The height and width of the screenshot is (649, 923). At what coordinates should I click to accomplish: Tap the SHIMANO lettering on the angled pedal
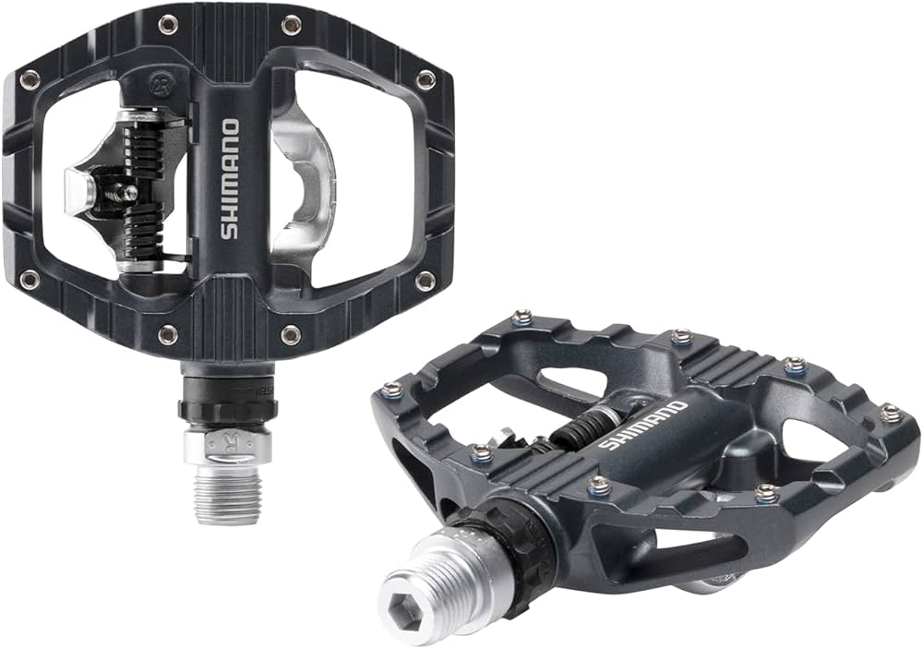click(x=642, y=426)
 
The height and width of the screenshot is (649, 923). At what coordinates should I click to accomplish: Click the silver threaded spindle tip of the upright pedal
click(x=225, y=495)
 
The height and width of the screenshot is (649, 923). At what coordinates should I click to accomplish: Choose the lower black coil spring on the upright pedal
click(x=143, y=236)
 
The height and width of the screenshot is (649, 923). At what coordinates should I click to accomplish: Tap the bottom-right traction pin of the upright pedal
click(x=424, y=280)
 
